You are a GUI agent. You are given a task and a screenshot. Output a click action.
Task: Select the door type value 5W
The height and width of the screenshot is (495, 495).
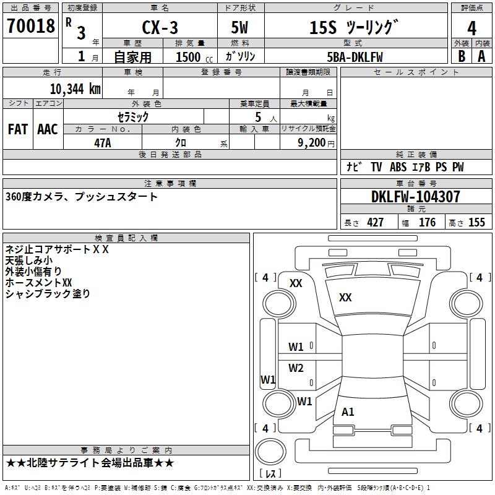(241, 27)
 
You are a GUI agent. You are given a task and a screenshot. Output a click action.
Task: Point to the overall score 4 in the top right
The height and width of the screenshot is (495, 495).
(471, 27)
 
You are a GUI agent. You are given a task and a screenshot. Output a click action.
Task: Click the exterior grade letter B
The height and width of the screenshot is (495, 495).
(461, 56)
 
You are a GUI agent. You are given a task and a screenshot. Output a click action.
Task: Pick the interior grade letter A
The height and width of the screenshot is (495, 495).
(481, 56)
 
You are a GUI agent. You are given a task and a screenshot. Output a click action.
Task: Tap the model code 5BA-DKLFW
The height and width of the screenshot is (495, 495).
(355, 56)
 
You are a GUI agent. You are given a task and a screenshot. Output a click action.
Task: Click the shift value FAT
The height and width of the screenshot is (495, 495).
(18, 129)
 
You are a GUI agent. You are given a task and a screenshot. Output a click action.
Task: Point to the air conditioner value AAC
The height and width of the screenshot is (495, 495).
(48, 129)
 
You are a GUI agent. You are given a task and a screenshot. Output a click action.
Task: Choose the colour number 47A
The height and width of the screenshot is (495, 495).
(102, 142)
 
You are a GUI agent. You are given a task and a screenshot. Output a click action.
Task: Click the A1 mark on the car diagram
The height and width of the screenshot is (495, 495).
(348, 412)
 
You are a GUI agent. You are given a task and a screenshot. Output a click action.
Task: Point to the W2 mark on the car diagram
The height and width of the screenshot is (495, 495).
(296, 368)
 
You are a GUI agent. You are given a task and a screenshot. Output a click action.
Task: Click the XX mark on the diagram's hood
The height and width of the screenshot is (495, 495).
(345, 298)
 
